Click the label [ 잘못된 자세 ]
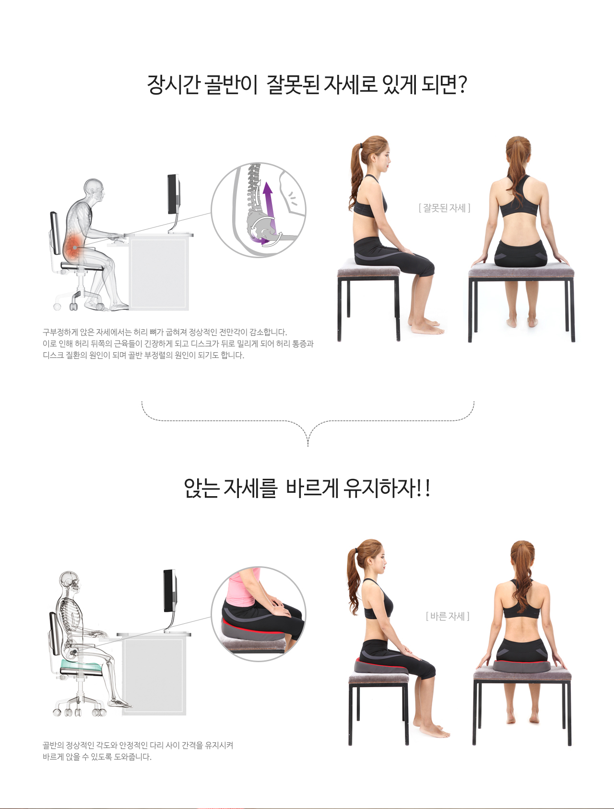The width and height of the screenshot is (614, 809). pos(445,208)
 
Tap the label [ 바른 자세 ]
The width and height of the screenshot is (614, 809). pos(448,616)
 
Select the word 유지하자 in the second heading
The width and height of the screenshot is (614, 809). pos(380,488)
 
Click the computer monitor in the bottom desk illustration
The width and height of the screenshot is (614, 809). pos(170,592)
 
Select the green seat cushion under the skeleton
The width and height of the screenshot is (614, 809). pos(81,666)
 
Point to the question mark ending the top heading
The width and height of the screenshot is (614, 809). pos(462,85)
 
